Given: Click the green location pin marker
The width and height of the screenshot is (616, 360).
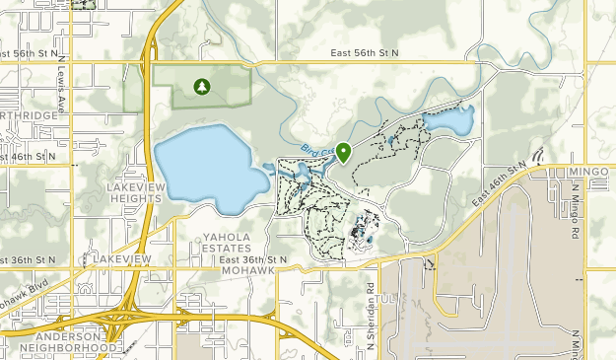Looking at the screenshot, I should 344,152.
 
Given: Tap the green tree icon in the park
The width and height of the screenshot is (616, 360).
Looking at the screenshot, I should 202,87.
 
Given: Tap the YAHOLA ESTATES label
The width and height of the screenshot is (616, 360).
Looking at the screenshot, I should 235,243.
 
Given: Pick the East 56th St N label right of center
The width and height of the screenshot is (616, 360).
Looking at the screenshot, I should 365,52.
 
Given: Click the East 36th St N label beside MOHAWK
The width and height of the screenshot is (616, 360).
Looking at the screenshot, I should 254,258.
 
